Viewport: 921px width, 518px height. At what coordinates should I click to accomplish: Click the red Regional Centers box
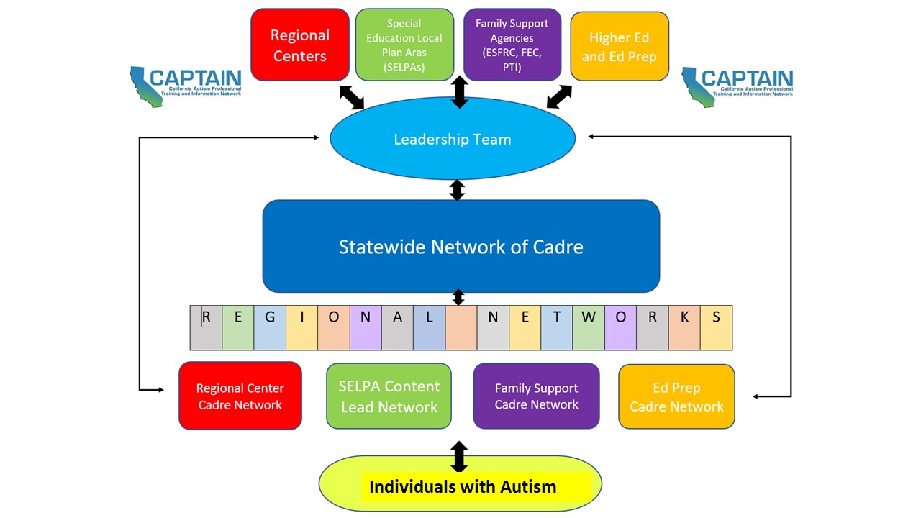299,45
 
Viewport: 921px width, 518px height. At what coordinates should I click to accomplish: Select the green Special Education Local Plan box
404,45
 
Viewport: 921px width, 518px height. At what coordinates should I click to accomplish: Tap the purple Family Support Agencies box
512,45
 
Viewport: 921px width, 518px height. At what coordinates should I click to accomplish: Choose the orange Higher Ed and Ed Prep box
619,46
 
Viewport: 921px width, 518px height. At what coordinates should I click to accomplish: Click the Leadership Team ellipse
452,139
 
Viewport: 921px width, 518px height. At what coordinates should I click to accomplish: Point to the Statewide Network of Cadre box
460,246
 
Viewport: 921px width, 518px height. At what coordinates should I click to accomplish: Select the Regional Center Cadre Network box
240,396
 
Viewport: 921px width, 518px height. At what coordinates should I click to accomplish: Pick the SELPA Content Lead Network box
389,396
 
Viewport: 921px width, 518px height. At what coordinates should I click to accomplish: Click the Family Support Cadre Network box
536,396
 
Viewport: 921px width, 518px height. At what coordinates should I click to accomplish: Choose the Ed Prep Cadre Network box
676,397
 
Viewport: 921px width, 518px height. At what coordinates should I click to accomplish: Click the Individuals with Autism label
462,486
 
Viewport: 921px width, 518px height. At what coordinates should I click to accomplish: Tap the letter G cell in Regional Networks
270,327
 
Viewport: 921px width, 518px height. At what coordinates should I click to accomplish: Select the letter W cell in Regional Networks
589,327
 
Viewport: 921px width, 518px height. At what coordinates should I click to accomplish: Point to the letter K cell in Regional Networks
684,327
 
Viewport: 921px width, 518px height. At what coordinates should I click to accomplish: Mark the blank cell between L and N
460,327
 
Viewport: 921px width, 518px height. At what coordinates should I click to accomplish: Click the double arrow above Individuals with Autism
458,456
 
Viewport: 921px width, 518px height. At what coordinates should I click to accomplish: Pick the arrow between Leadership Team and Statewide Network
457,190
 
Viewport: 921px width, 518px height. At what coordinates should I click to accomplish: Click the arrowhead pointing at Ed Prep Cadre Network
757,396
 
